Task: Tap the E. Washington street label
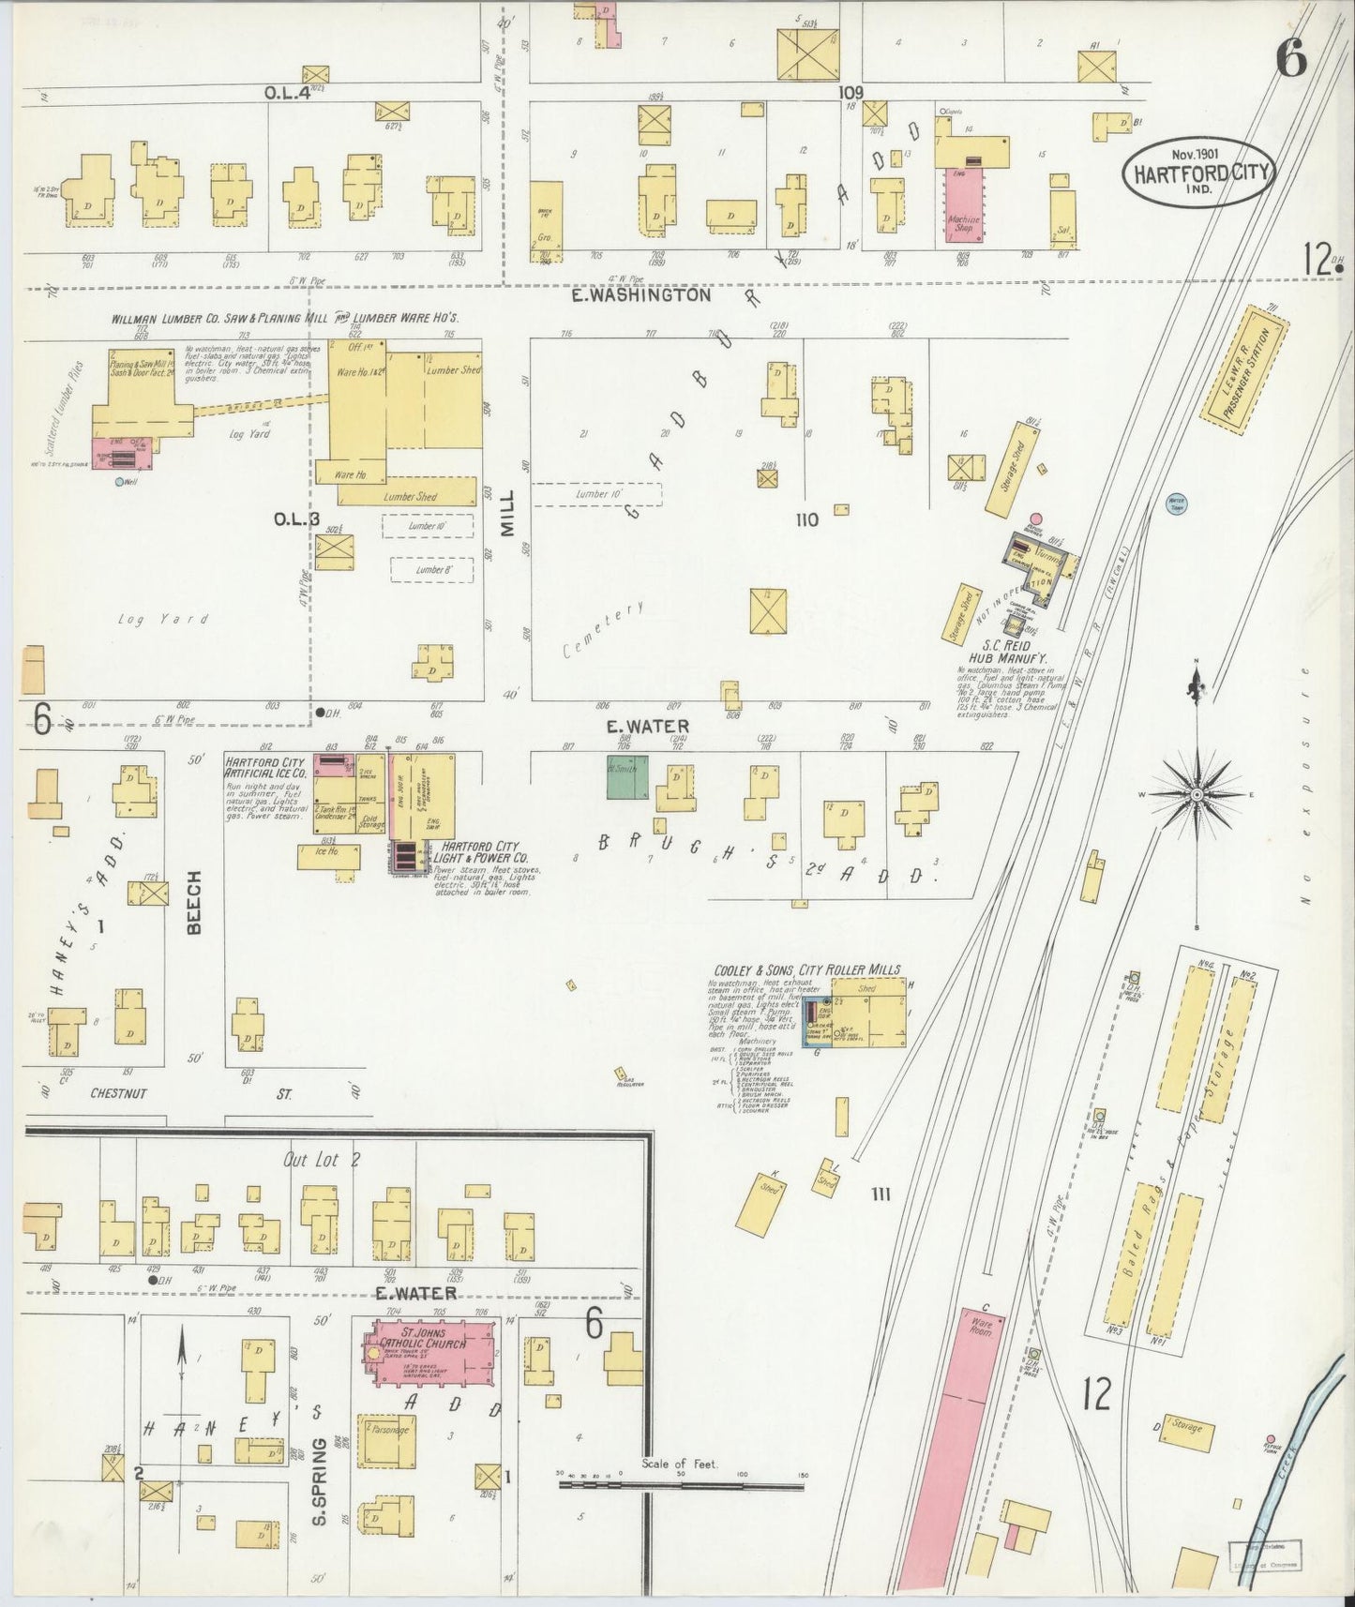pyautogui.click(x=642, y=294)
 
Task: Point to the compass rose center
pyautogui.click(x=1197, y=794)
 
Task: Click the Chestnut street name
pyautogui.click(x=119, y=1093)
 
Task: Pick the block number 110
pyautogui.click(x=806, y=519)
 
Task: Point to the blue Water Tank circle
pyautogui.click(x=1176, y=503)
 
